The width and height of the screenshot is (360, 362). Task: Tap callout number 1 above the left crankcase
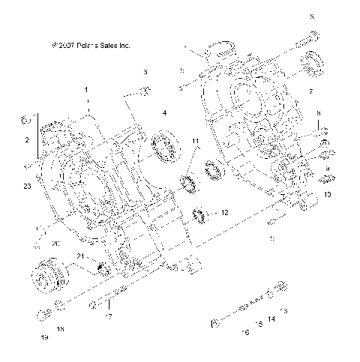coord(86,90)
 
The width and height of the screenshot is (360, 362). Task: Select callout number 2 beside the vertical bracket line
coord(27,140)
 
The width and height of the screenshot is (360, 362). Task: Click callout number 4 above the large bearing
coord(164,113)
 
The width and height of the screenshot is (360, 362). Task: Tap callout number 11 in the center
coord(195,141)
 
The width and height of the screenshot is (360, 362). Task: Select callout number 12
coord(224,213)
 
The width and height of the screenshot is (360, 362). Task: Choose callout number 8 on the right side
coord(318,113)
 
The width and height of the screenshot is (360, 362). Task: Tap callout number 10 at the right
coord(328,193)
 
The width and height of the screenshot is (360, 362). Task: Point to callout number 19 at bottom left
coord(44,338)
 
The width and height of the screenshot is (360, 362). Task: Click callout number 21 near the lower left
coord(79,256)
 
